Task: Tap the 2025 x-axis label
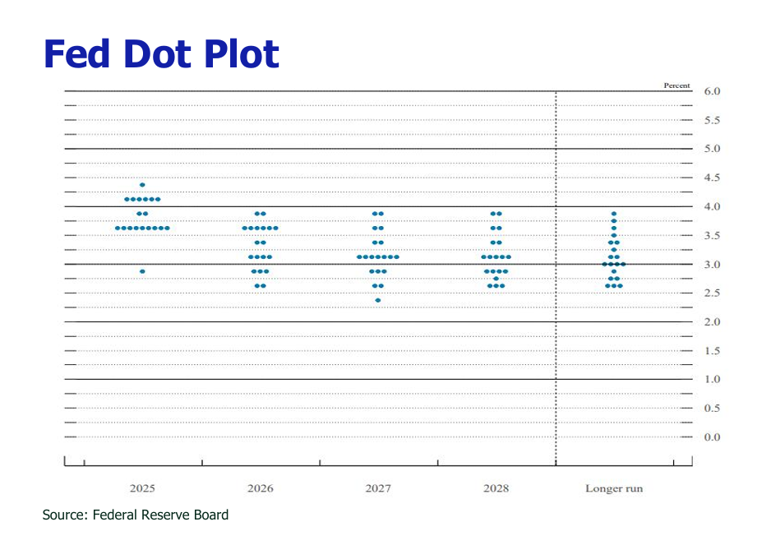[x=142, y=488]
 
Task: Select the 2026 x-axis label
[x=260, y=488]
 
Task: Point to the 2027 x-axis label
[x=378, y=488]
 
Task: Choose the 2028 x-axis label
[x=496, y=488]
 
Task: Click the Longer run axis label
[x=614, y=488]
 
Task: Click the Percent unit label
[x=677, y=85]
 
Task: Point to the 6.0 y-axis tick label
[x=712, y=91]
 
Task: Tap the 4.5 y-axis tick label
[x=712, y=178]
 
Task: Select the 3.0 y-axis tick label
[x=712, y=265]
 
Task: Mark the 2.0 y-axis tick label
[x=712, y=322]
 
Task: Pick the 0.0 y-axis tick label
[x=712, y=437]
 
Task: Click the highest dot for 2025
[x=142, y=185]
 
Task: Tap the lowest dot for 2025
[x=142, y=271]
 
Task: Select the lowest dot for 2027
[x=378, y=300]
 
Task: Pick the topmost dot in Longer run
[x=614, y=214]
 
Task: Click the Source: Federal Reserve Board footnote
[x=136, y=515]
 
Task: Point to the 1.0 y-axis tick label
[x=712, y=380]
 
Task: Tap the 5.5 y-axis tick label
[x=712, y=120]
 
